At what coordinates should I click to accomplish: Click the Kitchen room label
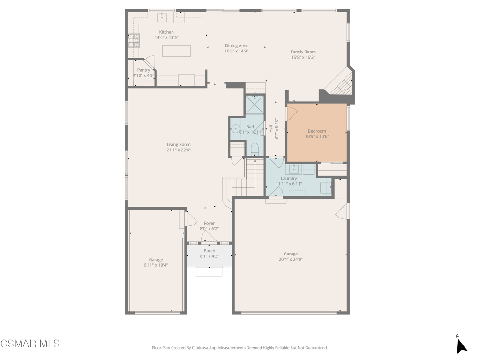(166, 32)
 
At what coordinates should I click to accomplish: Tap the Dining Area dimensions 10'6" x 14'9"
(236, 51)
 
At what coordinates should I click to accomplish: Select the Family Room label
(303, 52)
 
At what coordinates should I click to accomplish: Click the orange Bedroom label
(317, 131)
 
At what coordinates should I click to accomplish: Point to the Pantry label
(143, 70)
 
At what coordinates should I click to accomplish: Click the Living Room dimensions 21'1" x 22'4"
(179, 150)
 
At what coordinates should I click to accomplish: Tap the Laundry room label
(289, 179)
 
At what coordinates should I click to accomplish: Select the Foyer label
(210, 223)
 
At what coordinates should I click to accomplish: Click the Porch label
(210, 251)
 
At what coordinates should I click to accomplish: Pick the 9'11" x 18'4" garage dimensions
(156, 265)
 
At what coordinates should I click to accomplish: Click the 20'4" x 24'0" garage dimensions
(291, 259)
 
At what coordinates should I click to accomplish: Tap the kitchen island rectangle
(176, 51)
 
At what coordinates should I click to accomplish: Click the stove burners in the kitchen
(134, 41)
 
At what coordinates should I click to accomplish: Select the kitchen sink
(162, 17)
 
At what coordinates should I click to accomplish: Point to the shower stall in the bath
(255, 104)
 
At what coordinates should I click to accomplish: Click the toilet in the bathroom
(255, 150)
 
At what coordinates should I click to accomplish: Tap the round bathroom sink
(235, 129)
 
